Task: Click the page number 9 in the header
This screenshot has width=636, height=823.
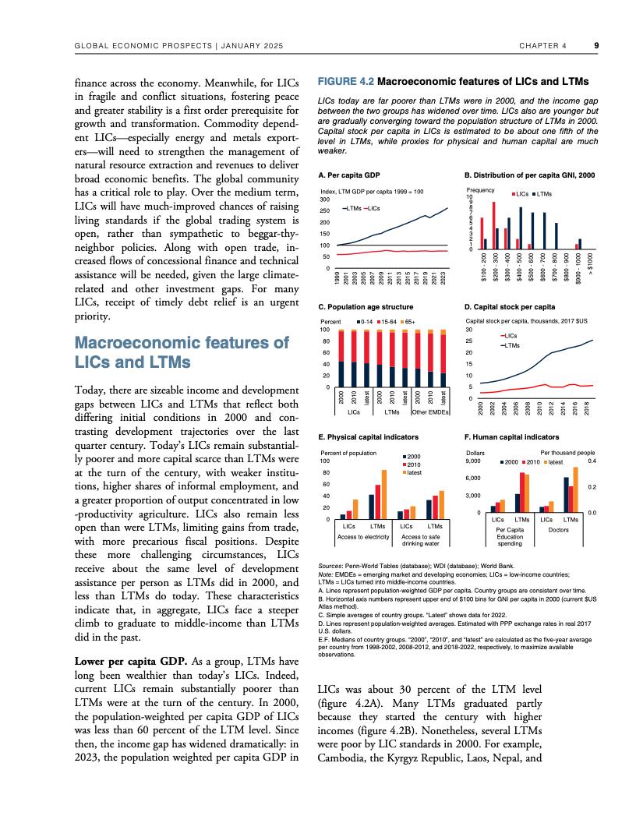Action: click(x=595, y=45)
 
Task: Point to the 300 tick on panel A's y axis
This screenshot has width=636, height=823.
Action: click(x=326, y=200)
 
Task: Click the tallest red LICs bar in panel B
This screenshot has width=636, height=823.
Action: click(x=495, y=224)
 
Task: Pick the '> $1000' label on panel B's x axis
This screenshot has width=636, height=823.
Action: click(x=590, y=261)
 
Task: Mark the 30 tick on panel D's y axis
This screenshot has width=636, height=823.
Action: click(x=469, y=329)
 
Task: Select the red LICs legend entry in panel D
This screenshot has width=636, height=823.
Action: click(x=510, y=335)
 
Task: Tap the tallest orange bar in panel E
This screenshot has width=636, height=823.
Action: click(x=383, y=494)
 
